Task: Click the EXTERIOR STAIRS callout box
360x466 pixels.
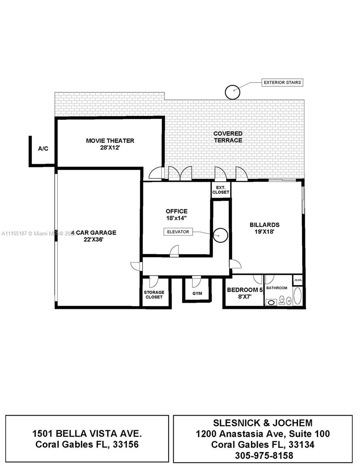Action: point(282,82)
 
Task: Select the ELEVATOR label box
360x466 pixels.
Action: point(178,232)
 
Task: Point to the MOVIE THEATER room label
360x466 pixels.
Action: point(110,141)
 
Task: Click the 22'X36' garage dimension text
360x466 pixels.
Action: point(93,240)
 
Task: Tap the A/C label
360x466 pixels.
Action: point(43,148)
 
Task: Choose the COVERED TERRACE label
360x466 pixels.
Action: point(228,137)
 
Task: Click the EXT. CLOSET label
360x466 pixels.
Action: point(221,190)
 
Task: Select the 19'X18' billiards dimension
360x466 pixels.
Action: point(264,231)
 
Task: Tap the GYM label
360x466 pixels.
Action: point(197,293)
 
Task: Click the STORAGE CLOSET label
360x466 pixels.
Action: point(154,295)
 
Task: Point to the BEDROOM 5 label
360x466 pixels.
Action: point(245,290)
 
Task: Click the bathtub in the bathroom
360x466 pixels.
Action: point(297,296)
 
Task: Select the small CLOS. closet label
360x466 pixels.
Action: point(298,280)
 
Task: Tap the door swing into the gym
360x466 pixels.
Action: point(196,282)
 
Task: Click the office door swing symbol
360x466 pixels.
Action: point(174,251)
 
